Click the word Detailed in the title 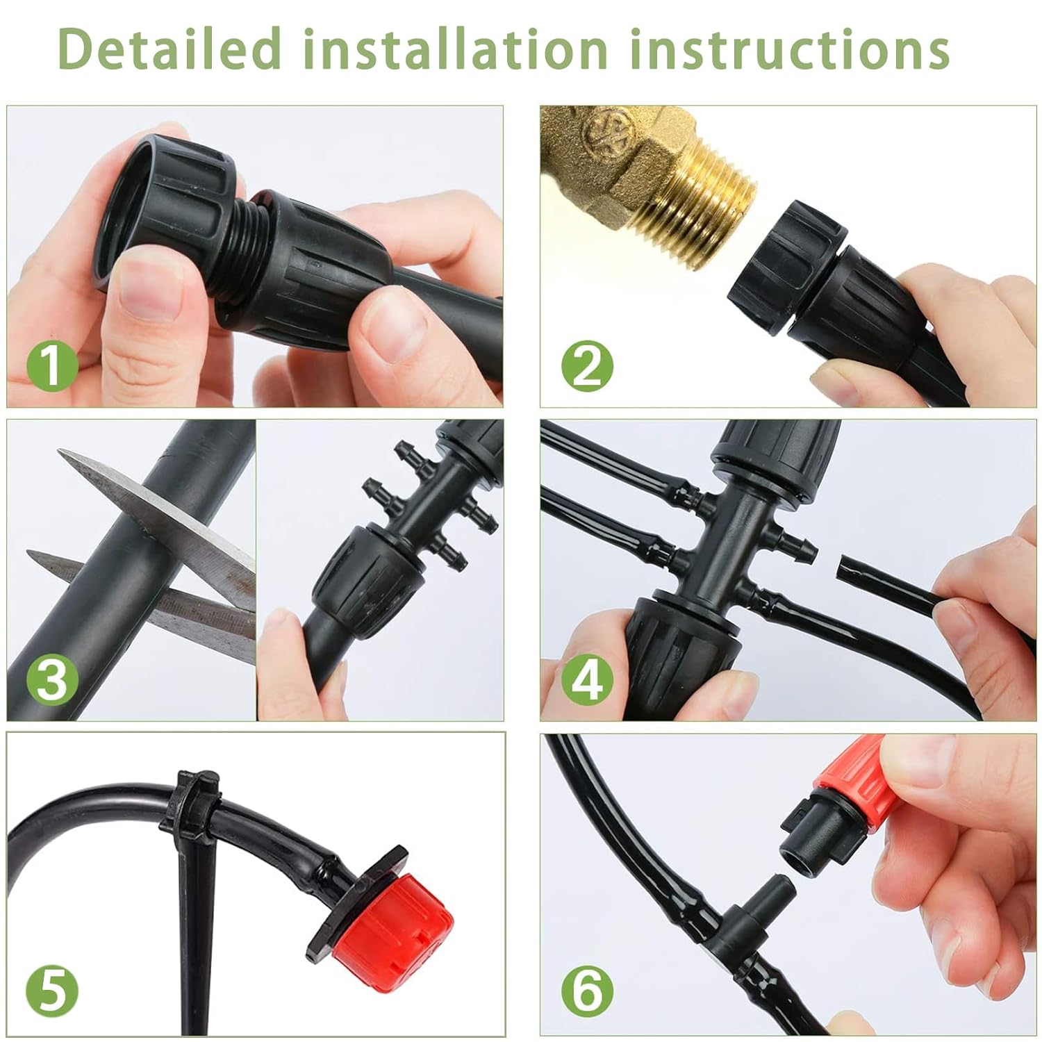click(170, 49)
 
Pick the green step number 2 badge click(588, 366)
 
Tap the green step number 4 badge click(588, 679)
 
